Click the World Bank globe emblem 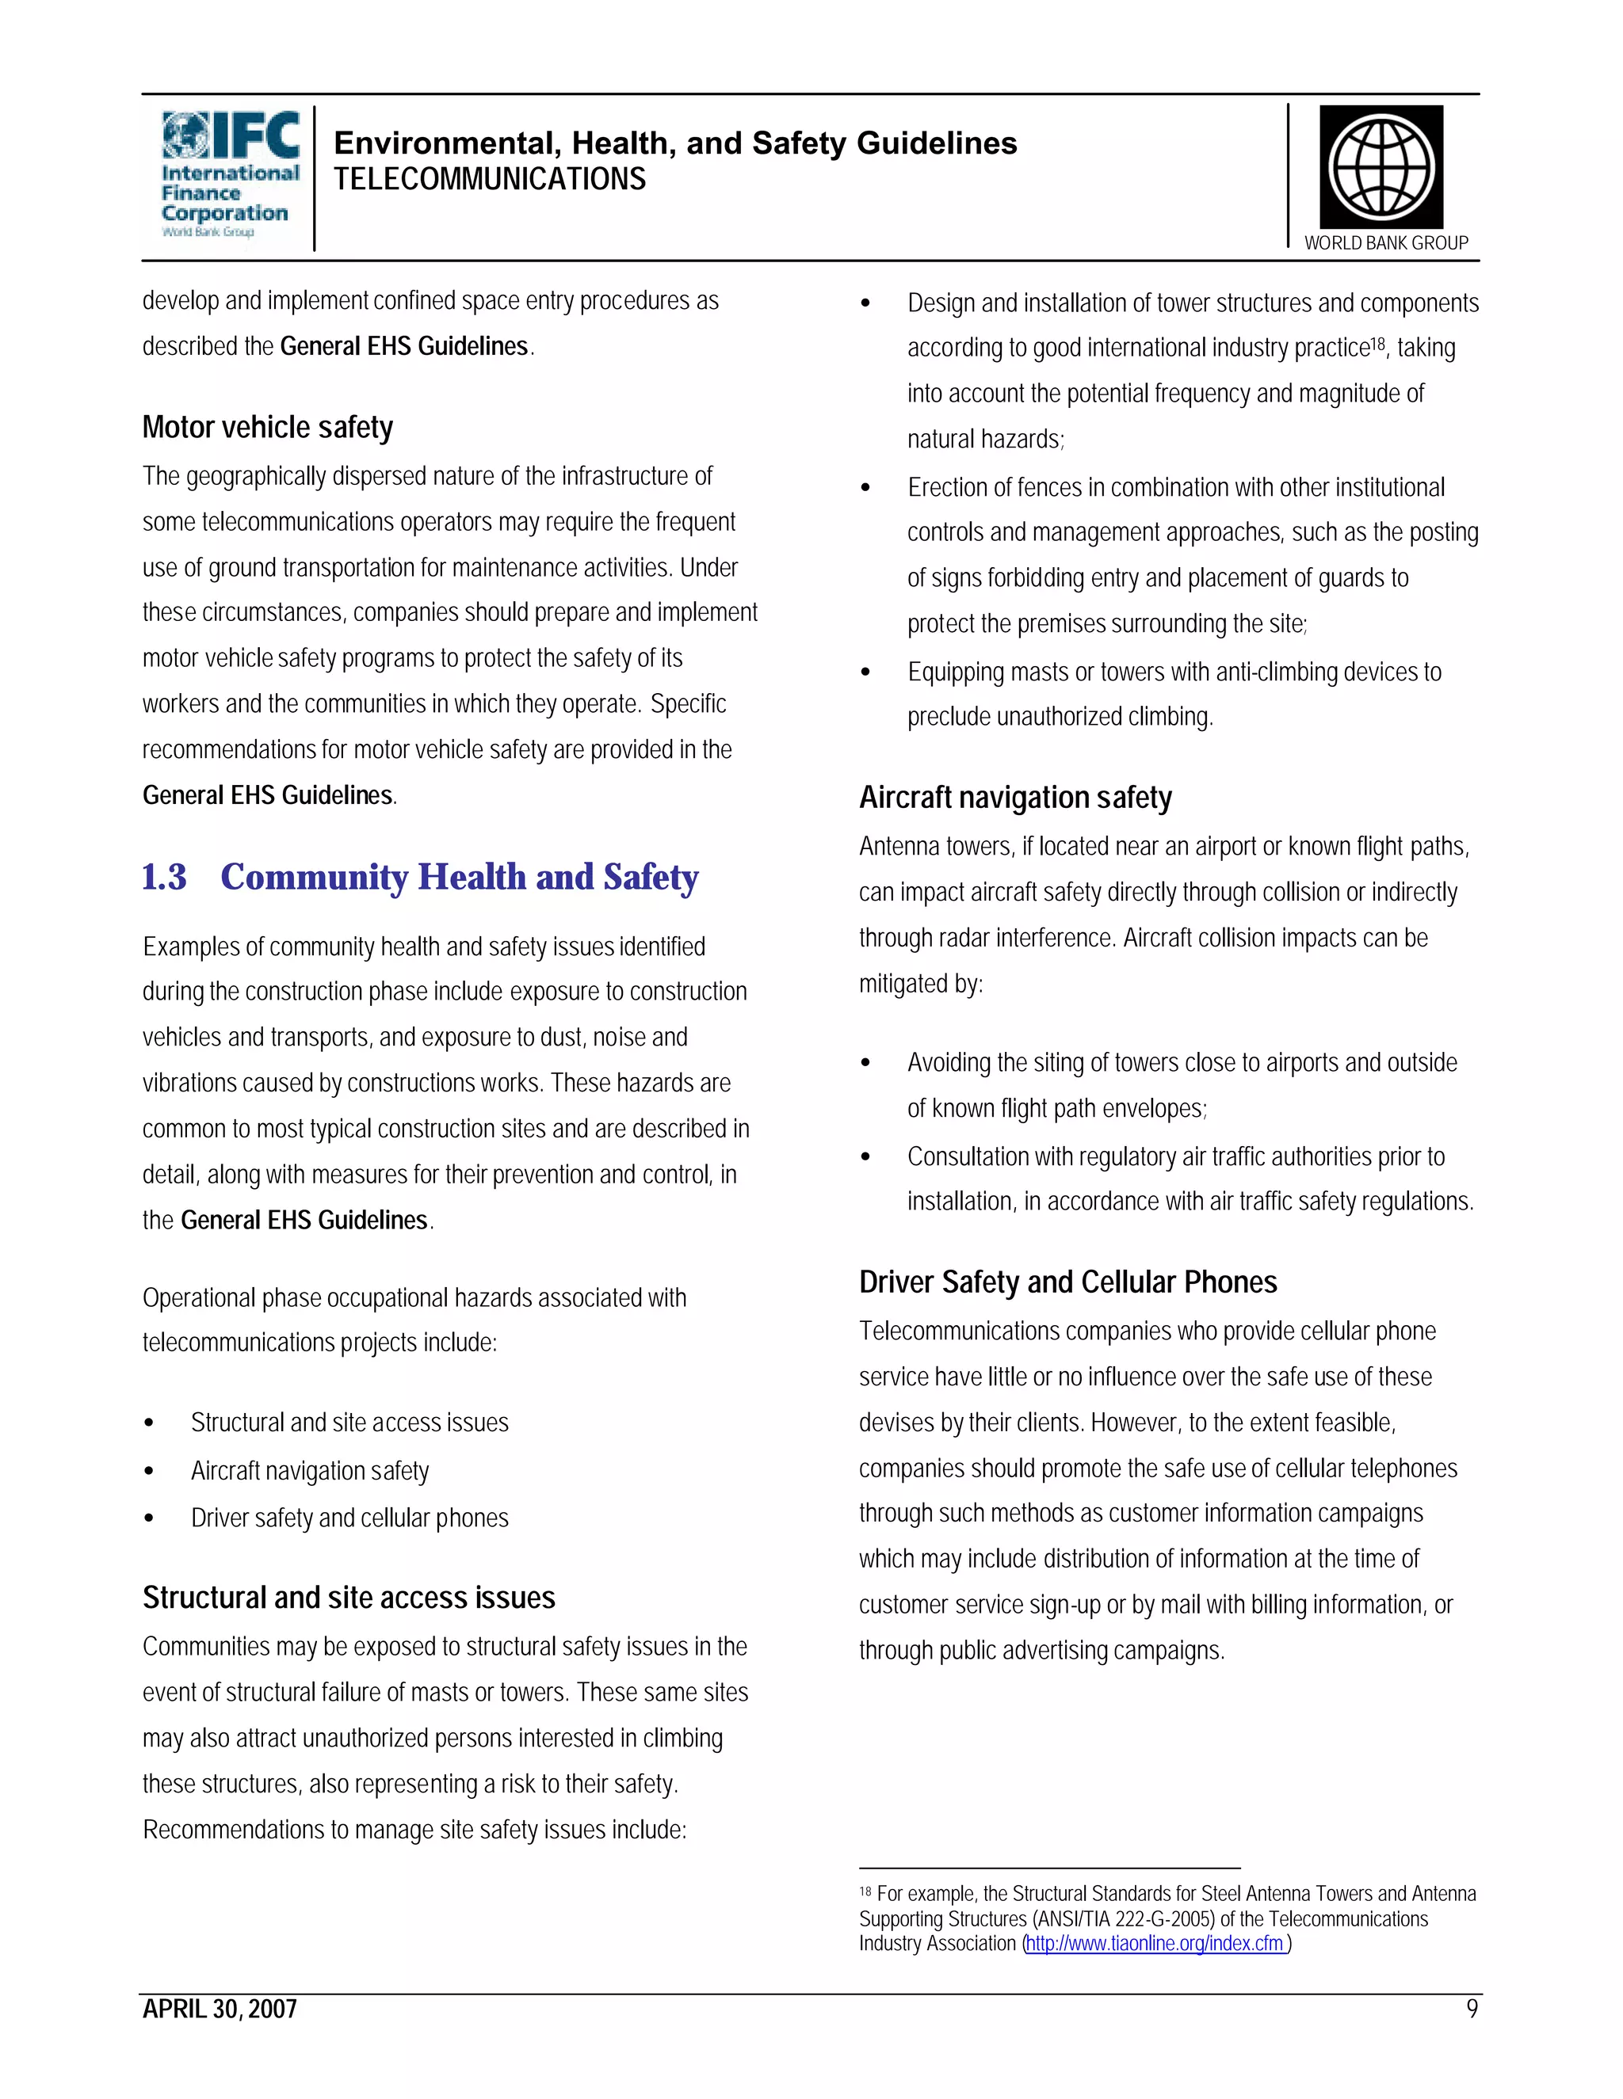pyautogui.click(x=1381, y=167)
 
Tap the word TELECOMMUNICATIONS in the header pyautogui.click(x=490, y=180)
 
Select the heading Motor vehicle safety pyautogui.click(x=267, y=428)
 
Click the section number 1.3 pyautogui.click(x=163, y=878)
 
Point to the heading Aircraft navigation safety pyautogui.click(x=1015, y=798)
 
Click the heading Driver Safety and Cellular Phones pyautogui.click(x=1067, y=1282)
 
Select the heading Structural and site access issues pyautogui.click(x=349, y=1598)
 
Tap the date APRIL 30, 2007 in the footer pyautogui.click(x=220, y=2009)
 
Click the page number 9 pyautogui.click(x=1471, y=2009)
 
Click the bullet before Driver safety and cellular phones pyautogui.click(x=149, y=1518)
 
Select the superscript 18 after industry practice pyautogui.click(x=1378, y=343)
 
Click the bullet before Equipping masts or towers pyautogui.click(x=865, y=672)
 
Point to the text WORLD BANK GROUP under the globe pyautogui.click(x=1385, y=243)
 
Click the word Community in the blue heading pyautogui.click(x=315, y=878)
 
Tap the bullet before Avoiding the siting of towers pyautogui.click(x=865, y=1063)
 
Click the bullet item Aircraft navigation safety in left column pyautogui.click(x=310, y=1470)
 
